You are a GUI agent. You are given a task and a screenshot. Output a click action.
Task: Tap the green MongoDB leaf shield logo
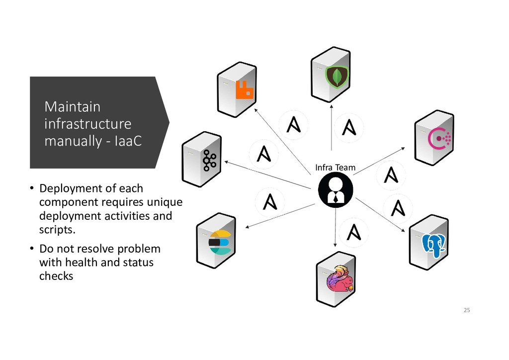337,76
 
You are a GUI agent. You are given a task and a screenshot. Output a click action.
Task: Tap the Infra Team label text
336,168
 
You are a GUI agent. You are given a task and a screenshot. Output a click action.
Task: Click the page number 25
466,310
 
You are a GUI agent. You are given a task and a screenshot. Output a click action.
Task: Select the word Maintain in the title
72,107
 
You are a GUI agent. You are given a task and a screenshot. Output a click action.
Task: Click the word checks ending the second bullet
56,276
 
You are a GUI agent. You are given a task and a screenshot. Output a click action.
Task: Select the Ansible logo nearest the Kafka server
263,153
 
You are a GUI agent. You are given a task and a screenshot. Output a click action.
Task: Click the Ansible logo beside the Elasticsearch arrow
269,201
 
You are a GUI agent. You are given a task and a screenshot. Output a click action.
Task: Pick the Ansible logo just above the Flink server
353,232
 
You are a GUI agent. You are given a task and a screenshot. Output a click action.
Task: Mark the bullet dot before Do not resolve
30,249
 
